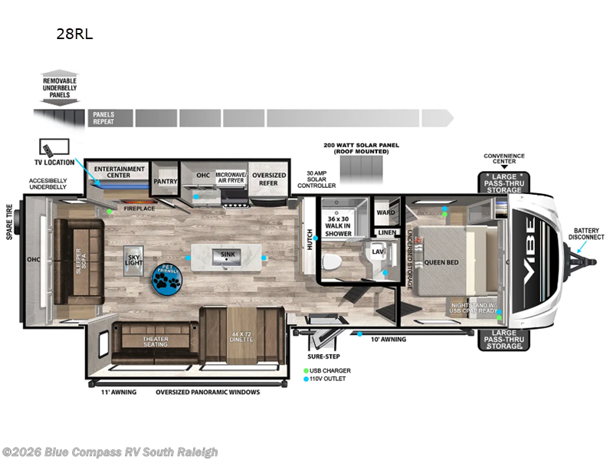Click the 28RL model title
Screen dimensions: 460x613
click(x=74, y=34)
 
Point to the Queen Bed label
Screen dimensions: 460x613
click(x=441, y=262)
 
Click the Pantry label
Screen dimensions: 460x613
click(x=165, y=181)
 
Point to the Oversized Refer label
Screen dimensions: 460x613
click(x=269, y=179)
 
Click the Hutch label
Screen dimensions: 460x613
click(x=310, y=240)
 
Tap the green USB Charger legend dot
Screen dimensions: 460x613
click(x=306, y=370)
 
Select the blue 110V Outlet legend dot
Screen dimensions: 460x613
click(x=306, y=379)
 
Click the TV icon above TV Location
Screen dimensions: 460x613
click(x=54, y=148)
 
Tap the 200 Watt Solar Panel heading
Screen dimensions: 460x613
click(x=361, y=148)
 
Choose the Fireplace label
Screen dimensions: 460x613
click(x=139, y=208)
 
